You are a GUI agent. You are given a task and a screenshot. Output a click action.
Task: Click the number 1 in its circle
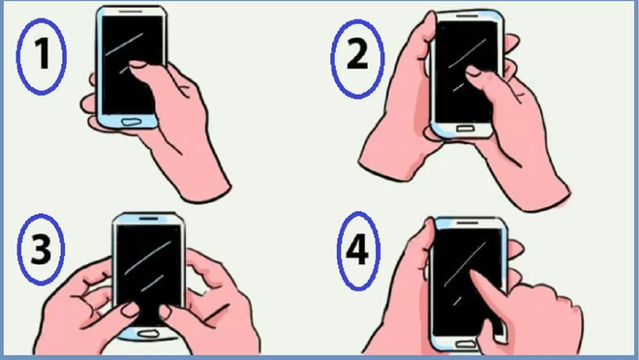(42, 59)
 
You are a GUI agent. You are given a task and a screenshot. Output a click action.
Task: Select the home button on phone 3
(147, 333)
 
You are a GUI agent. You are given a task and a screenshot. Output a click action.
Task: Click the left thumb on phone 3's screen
(126, 309)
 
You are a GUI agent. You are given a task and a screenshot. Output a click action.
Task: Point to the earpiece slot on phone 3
(148, 218)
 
